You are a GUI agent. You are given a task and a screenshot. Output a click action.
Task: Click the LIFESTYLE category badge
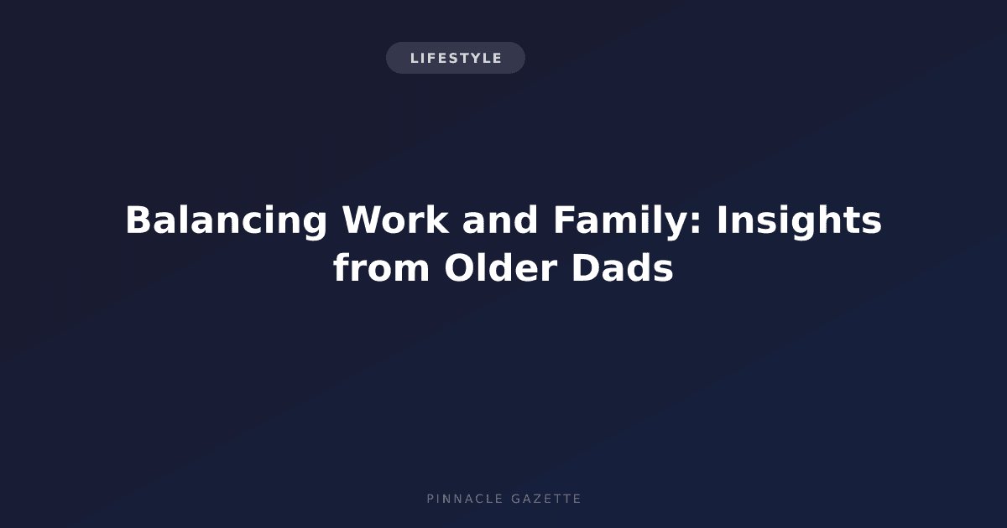pos(456,58)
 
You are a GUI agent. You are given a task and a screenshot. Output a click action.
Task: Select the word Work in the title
pos(395,220)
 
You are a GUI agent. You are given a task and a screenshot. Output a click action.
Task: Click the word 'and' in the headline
pos(500,220)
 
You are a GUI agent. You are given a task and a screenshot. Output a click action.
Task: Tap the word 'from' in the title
pos(381,267)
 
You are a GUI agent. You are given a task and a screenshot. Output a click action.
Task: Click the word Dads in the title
pos(623,267)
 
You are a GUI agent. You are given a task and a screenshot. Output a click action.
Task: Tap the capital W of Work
pos(362,220)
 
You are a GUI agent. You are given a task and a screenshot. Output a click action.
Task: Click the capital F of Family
pos(564,220)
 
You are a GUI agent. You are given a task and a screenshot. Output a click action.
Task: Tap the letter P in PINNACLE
pos(430,499)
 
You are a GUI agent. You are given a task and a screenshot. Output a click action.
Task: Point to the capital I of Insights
pos(721,220)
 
